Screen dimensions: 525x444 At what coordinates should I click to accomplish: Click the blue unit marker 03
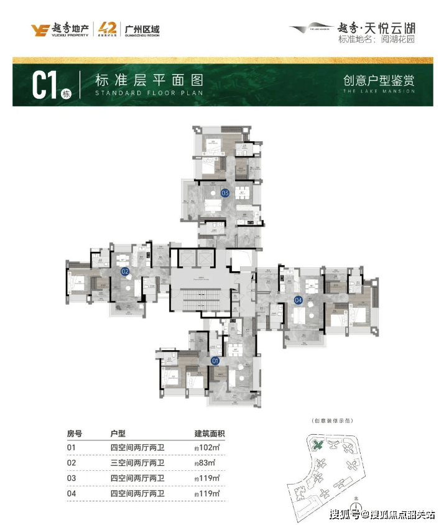click(x=225, y=193)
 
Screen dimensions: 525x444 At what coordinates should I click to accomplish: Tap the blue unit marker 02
click(x=124, y=271)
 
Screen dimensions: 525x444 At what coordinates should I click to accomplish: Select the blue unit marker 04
click(x=298, y=300)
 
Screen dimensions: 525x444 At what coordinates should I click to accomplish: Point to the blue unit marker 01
click(x=216, y=360)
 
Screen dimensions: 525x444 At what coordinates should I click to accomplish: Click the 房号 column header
click(x=74, y=433)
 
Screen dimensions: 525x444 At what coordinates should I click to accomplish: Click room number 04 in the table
click(x=72, y=494)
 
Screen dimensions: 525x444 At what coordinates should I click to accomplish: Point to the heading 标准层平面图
click(x=149, y=81)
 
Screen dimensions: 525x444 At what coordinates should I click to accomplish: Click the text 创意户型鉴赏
click(x=379, y=80)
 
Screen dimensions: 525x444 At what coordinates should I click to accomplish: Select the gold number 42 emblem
click(x=107, y=29)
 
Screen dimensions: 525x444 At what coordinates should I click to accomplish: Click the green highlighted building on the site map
click(x=318, y=445)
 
